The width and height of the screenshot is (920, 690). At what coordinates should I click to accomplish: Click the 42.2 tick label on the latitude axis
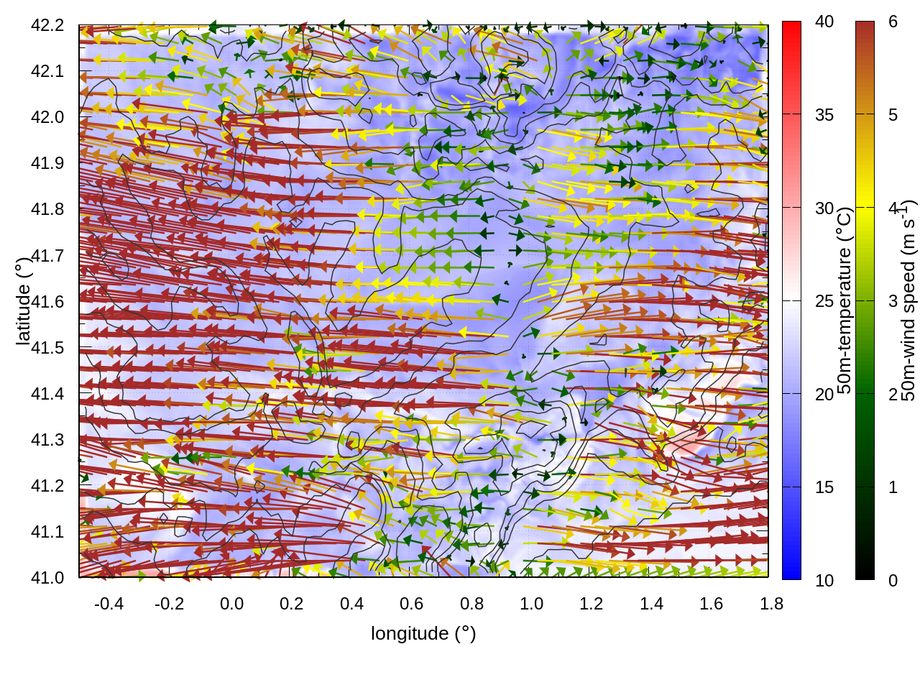pyautogui.click(x=47, y=25)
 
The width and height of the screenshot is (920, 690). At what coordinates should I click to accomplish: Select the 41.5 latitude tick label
pyautogui.click(x=47, y=348)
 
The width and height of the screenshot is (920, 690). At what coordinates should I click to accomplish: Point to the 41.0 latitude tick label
pyautogui.click(x=47, y=578)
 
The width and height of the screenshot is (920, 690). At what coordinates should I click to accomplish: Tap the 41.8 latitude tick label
pyautogui.click(x=47, y=209)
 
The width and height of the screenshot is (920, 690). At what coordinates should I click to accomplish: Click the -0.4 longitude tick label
pyautogui.click(x=109, y=604)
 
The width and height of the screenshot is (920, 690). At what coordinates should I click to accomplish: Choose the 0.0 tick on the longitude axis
pyautogui.click(x=231, y=604)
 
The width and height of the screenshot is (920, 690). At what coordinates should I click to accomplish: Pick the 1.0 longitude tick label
pyautogui.click(x=531, y=604)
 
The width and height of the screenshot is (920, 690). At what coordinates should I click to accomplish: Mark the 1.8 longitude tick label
pyautogui.click(x=771, y=604)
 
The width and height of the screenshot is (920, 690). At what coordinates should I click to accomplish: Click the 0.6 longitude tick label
pyautogui.click(x=411, y=604)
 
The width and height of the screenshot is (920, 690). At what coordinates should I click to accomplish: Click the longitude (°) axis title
pyautogui.click(x=423, y=633)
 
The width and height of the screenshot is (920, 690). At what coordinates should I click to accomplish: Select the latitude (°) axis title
pyautogui.click(x=24, y=302)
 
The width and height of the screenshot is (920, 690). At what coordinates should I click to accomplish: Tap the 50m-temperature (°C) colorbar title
pyautogui.click(x=845, y=300)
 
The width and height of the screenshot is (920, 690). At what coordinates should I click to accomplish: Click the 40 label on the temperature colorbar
pyautogui.click(x=824, y=22)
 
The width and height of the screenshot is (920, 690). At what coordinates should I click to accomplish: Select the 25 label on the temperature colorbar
pyautogui.click(x=824, y=301)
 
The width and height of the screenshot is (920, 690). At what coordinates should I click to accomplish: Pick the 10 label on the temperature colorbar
pyautogui.click(x=824, y=580)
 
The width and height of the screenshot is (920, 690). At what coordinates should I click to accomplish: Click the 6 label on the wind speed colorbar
pyautogui.click(x=893, y=22)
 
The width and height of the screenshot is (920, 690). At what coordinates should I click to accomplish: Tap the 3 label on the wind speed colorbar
pyautogui.click(x=893, y=301)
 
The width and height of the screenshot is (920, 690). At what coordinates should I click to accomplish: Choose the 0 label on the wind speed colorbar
pyautogui.click(x=893, y=580)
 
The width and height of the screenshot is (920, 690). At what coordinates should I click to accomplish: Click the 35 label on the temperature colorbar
pyautogui.click(x=824, y=115)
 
